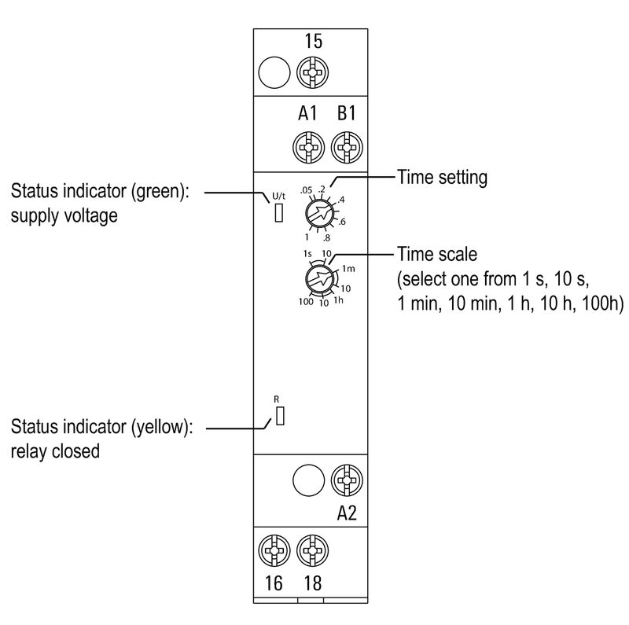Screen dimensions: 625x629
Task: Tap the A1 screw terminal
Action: [x=307, y=147]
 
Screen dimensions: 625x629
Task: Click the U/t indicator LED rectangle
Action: [x=278, y=212]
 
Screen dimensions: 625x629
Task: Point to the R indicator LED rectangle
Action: [x=278, y=417]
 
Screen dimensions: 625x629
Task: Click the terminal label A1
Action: [x=307, y=114]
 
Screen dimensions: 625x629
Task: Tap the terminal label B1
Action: [x=346, y=114]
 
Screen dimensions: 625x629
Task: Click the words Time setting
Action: [x=442, y=178]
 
